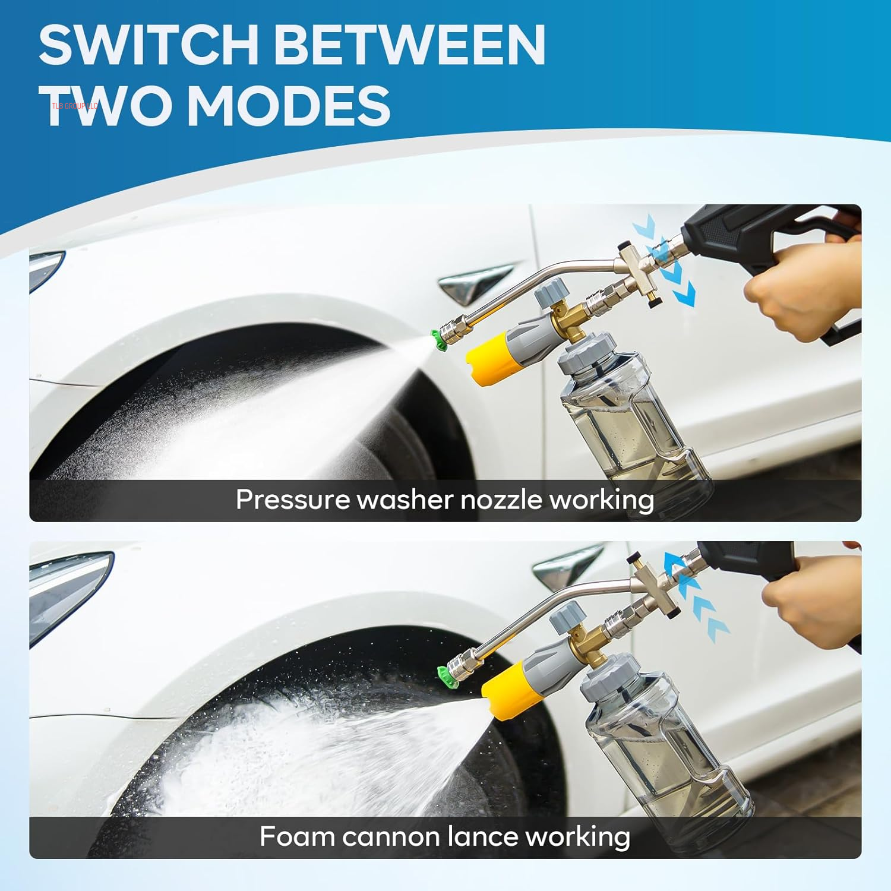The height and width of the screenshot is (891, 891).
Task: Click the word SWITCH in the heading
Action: (148, 45)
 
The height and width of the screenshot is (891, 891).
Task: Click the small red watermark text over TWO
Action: (75, 106)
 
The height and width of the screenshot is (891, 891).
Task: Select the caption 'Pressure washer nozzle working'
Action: (444, 500)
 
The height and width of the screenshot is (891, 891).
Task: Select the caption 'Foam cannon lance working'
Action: (444, 836)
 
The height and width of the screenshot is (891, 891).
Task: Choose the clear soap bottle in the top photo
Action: (630, 428)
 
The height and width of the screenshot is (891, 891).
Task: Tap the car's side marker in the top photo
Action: (472, 282)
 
